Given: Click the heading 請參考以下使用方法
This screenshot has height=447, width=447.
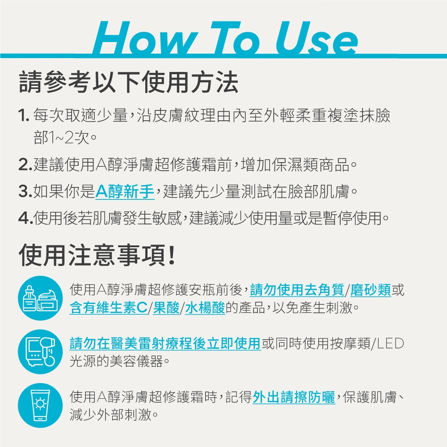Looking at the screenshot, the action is tap(128, 82).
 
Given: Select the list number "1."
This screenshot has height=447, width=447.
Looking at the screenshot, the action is tap(24, 116).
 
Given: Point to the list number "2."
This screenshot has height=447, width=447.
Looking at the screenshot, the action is tap(25, 165).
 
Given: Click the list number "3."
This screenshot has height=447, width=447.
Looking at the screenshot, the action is tap(25, 191).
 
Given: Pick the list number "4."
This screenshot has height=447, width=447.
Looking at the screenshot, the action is tap(25, 218).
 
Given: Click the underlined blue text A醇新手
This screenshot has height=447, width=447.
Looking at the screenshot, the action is tap(125, 191).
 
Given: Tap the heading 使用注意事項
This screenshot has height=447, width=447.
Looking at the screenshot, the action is tap(97, 255).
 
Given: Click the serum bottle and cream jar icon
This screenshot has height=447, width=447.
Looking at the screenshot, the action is tap(40, 298).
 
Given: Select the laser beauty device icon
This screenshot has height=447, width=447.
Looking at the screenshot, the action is tap(40, 352).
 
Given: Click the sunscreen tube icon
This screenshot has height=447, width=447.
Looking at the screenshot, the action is tap(40, 405).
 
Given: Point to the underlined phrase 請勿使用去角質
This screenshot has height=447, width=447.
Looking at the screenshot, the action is tap(297, 290).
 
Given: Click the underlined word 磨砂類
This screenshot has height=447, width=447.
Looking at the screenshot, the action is tap(371, 290).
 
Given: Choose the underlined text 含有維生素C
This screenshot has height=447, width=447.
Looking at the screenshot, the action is tap(109, 308).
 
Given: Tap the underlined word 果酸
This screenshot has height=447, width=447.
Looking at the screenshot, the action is tap(166, 308).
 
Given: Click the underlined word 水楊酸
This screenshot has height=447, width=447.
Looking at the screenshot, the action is tap(205, 308).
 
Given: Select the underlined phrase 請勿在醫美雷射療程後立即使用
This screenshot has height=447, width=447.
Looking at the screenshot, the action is tap(165, 343).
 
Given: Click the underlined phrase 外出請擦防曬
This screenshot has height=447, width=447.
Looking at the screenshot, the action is tap(294, 397).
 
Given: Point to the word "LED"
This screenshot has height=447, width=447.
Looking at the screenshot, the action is tap(391, 343).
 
